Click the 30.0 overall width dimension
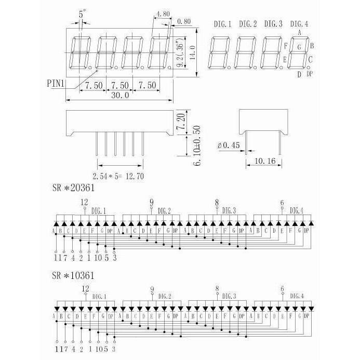[119, 95]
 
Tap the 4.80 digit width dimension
[163, 15]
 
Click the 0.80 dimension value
[184, 22]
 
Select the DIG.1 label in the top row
[223, 24]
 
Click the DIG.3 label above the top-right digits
[273, 24]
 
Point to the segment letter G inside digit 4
[299, 47]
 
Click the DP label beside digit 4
[310, 74]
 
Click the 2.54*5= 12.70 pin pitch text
[118, 177]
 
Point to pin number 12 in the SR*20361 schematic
[85, 202]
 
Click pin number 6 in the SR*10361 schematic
[282, 289]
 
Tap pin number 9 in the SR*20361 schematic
[151, 202]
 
